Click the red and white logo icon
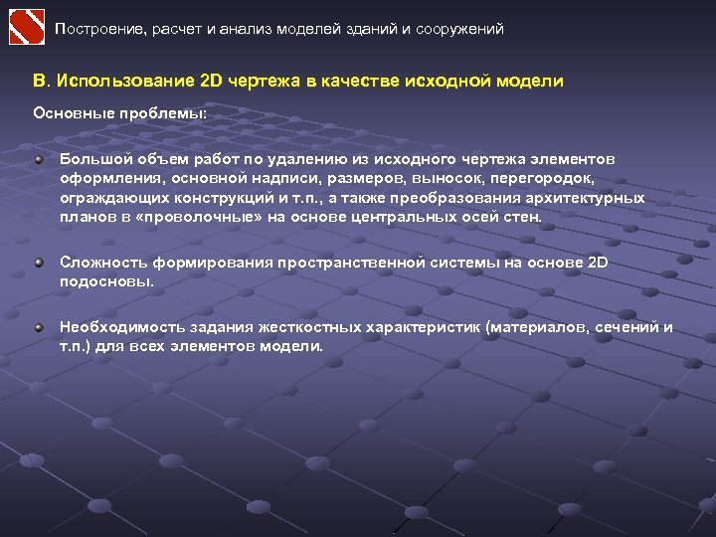(27, 27)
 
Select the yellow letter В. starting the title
(41, 81)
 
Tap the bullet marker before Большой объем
(38, 159)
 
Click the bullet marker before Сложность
(38, 263)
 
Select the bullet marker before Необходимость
(38, 327)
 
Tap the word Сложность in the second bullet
(103, 263)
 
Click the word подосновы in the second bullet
(106, 281)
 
